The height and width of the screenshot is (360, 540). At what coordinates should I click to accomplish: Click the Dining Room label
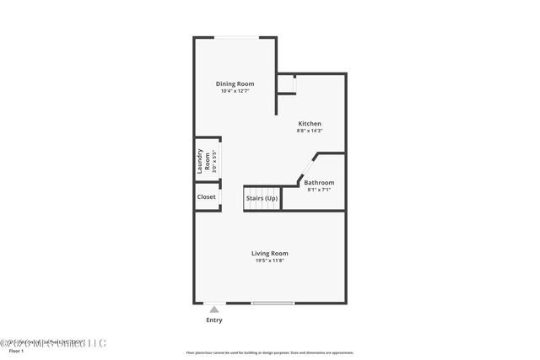[235, 83]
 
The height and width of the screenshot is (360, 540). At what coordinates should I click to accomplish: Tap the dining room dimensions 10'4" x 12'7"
[235, 91]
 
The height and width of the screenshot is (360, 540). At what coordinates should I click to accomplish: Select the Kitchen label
[309, 124]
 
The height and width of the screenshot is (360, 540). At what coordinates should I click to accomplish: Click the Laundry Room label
[203, 160]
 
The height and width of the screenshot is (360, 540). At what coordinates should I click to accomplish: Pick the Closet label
[206, 196]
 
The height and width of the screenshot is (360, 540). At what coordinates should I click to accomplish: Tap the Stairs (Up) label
[262, 198]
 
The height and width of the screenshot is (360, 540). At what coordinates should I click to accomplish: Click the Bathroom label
[319, 182]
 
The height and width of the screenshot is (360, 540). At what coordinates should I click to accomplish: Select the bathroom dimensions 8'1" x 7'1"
[319, 190]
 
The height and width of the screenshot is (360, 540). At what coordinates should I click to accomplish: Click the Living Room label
[270, 253]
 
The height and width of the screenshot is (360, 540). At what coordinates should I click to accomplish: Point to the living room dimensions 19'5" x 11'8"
[270, 261]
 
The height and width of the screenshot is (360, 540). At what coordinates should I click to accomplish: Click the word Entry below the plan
[214, 320]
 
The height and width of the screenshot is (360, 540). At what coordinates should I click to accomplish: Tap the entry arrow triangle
[214, 309]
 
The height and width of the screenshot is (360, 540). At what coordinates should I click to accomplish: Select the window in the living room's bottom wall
[273, 303]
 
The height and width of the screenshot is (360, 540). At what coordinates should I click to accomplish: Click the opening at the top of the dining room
[235, 37]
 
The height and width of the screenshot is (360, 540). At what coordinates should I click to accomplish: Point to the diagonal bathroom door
[306, 166]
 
